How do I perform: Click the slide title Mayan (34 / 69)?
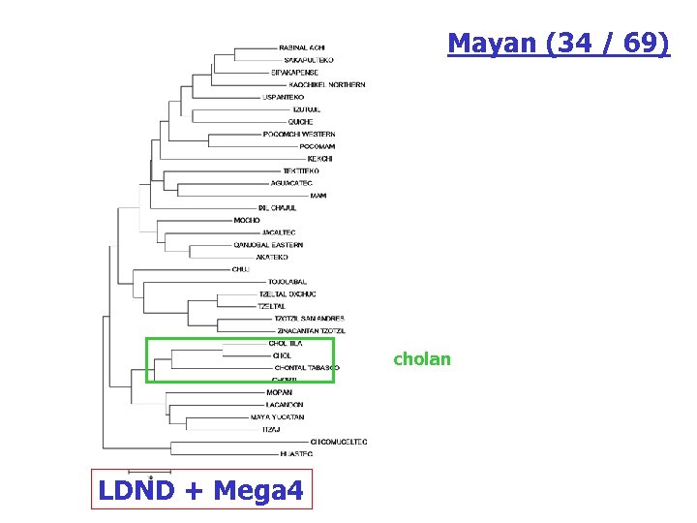[x=558, y=44]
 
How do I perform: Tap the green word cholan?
[x=421, y=359]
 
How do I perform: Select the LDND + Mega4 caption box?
[x=200, y=491]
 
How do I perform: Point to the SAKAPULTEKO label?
[x=309, y=60]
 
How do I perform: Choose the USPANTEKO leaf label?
[x=284, y=97]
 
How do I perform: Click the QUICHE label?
[x=300, y=122]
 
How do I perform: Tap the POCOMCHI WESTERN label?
[x=299, y=134]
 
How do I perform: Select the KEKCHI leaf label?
[x=319, y=159]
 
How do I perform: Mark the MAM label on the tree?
[x=318, y=196]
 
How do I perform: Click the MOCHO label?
[x=247, y=220]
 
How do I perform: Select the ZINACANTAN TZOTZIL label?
[x=304, y=331]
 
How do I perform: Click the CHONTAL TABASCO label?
[x=307, y=368]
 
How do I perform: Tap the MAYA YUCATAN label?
[x=277, y=416]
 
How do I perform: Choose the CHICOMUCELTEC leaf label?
[x=339, y=442]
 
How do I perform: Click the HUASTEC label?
[x=294, y=453]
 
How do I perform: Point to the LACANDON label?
[x=285, y=404]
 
